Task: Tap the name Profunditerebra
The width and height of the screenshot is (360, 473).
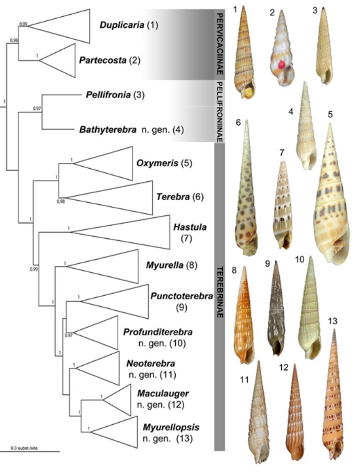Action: coord(157,332)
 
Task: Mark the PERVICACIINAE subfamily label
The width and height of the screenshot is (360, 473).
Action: coord(219,44)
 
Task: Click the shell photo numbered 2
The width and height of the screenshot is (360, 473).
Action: coord(279,51)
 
